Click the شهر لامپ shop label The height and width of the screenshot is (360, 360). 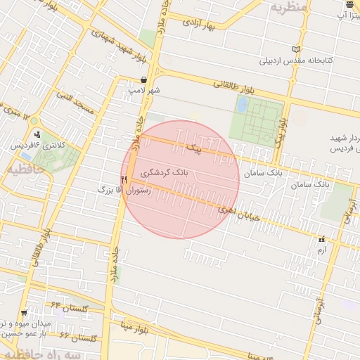click(144, 91)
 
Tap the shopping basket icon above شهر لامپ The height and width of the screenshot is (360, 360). click(144, 80)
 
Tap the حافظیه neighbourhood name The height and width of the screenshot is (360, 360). click(20, 169)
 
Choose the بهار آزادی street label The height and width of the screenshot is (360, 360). click(209, 25)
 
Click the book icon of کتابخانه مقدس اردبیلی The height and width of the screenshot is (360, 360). click(296, 49)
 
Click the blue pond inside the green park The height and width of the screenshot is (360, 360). click(243, 105)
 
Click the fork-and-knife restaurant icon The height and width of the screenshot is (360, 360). click(124, 179)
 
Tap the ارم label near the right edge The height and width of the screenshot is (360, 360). click(322, 250)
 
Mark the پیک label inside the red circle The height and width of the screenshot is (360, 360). click(193, 149)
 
